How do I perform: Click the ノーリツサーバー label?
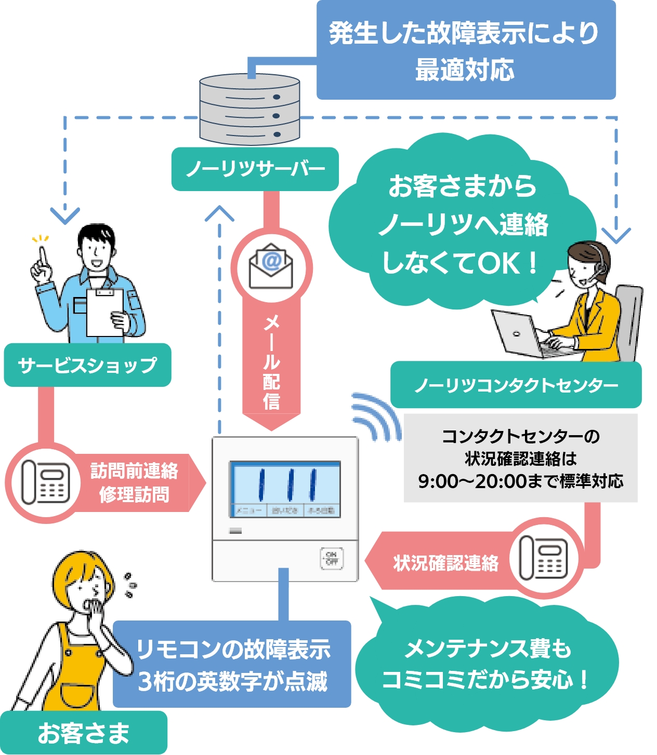click(x=255, y=169)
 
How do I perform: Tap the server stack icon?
click(x=249, y=110)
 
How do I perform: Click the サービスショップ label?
click(x=87, y=365)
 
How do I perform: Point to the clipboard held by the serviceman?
click(x=105, y=312)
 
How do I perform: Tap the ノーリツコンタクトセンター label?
click(x=516, y=385)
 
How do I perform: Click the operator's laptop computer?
click(x=520, y=335)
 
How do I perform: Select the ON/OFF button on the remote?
click(x=332, y=558)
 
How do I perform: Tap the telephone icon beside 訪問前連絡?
click(x=46, y=482)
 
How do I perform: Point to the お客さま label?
click(x=83, y=733)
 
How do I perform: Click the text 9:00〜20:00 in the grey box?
click(x=472, y=481)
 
